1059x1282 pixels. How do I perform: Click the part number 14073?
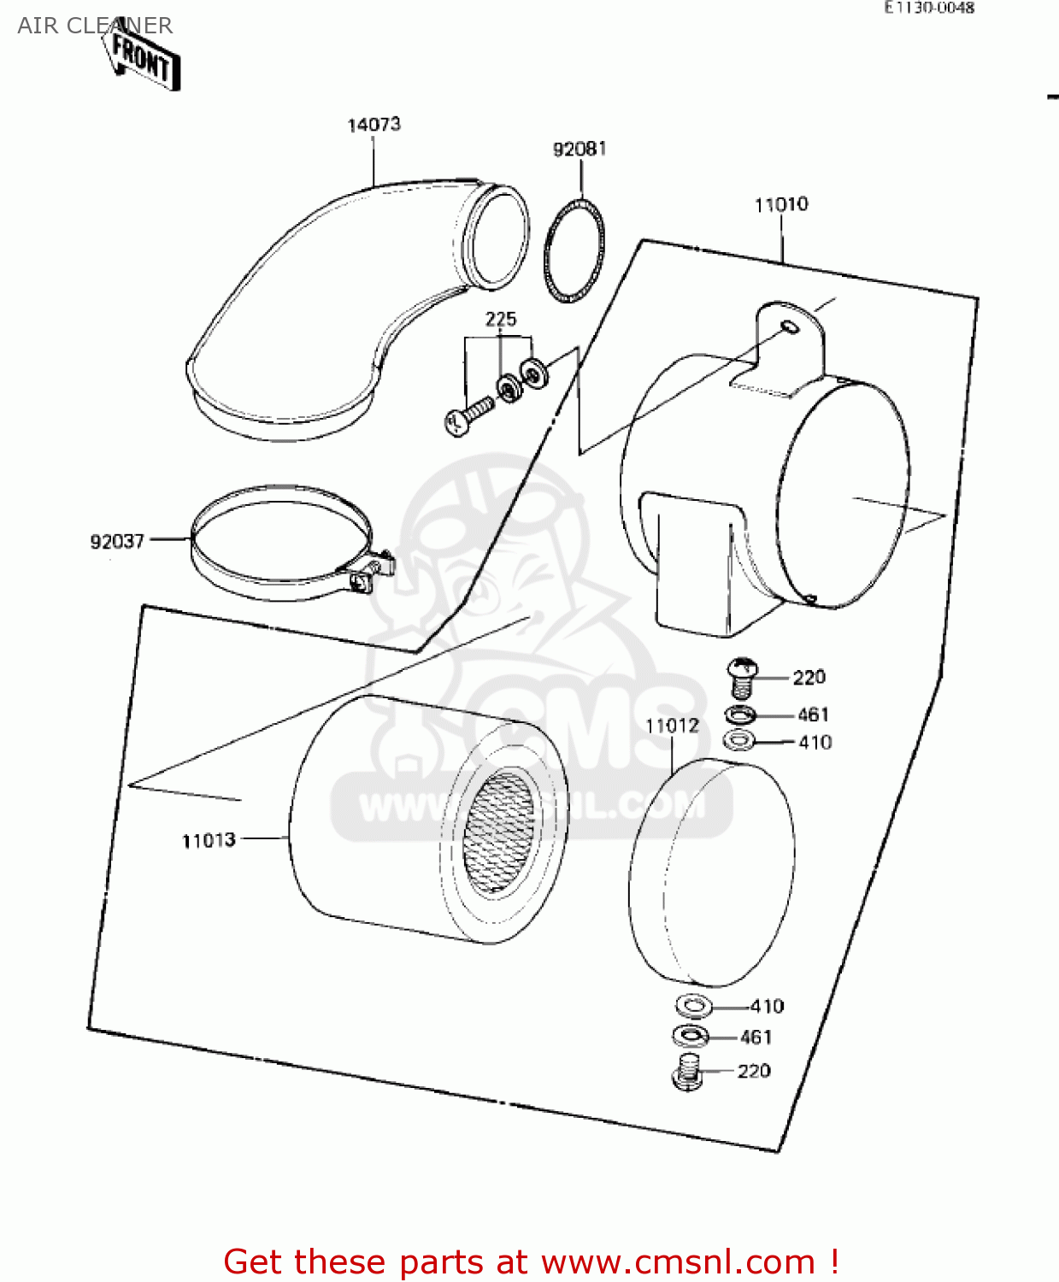tap(374, 125)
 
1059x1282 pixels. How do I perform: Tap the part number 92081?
tap(580, 149)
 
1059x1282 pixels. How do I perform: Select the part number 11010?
tap(781, 204)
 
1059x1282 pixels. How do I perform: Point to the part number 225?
tap(501, 319)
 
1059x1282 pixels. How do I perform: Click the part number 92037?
tap(117, 541)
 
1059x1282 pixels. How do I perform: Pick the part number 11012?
tap(672, 726)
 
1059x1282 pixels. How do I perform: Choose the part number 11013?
tap(209, 840)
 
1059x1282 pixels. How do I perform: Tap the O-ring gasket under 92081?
tap(574, 250)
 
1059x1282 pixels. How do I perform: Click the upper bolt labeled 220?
tap(742, 676)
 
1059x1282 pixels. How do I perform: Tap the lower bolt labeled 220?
tap(688, 1072)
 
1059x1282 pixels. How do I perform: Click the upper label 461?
tap(813, 715)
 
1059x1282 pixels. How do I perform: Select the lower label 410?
tap(767, 1006)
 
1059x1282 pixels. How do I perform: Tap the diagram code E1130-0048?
tap(929, 8)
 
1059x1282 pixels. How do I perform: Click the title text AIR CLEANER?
tap(95, 26)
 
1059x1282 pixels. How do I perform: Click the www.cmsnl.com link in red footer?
tap(678, 1261)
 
